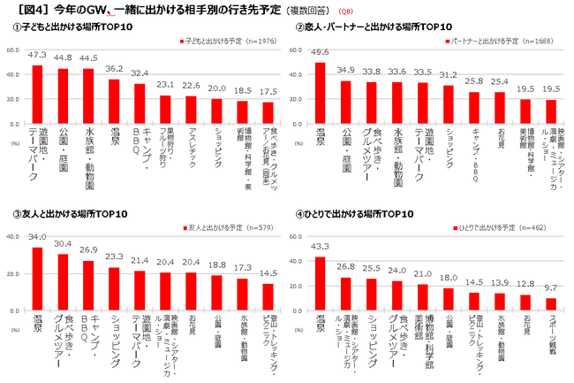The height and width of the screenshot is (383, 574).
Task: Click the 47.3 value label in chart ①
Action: pos(37,55)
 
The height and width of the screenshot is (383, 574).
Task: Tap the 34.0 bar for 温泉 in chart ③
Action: pos(37,280)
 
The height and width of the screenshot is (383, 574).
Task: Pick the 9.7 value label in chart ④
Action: pos(551,288)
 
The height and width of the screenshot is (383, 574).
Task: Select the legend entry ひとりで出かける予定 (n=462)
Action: pos(494,227)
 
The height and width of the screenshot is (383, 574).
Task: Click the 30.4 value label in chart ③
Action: pos(63,244)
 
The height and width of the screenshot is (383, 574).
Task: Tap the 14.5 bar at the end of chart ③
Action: pos(268,298)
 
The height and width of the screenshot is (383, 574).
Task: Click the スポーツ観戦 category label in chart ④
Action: pos(551,336)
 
